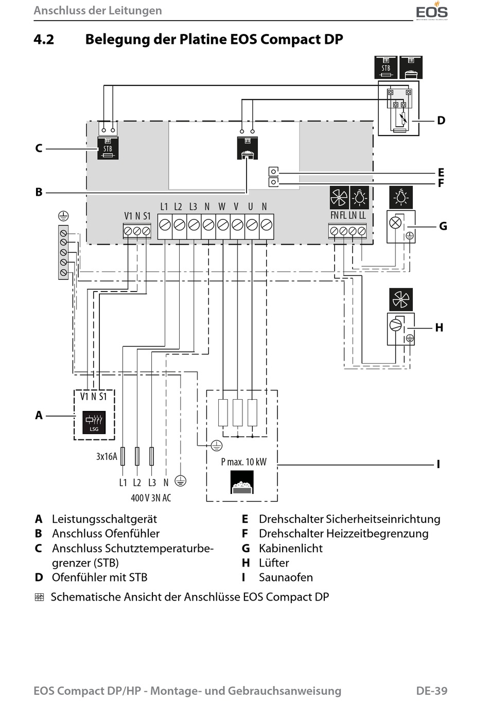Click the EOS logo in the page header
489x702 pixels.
click(432, 11)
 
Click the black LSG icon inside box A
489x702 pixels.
click(94, 422)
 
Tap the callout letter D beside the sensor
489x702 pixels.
click(441, 121)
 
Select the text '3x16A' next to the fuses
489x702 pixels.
click(107, 456)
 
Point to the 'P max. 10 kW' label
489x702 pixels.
click(243, 461)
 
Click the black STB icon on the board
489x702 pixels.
click(108, 148)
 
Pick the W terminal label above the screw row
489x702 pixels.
click(222, 207)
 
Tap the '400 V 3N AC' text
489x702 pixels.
click(151, 498)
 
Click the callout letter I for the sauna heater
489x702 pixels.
click(439, 464)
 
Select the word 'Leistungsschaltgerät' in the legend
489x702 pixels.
click(104, 519)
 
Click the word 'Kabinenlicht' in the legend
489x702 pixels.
click(291, 548)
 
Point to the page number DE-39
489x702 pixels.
click(432, 691)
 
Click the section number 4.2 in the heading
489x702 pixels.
click(44, 40)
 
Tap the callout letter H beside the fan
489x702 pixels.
click(439, 328)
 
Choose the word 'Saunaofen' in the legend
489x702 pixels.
click(286, 577)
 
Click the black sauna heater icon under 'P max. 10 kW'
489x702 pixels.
click(242, 482)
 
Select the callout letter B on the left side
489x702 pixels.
click(39, 192)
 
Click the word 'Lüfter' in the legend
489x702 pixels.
click(274, 563)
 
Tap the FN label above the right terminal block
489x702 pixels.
click(334, 215)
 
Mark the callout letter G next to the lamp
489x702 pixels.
click(443, 226)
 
